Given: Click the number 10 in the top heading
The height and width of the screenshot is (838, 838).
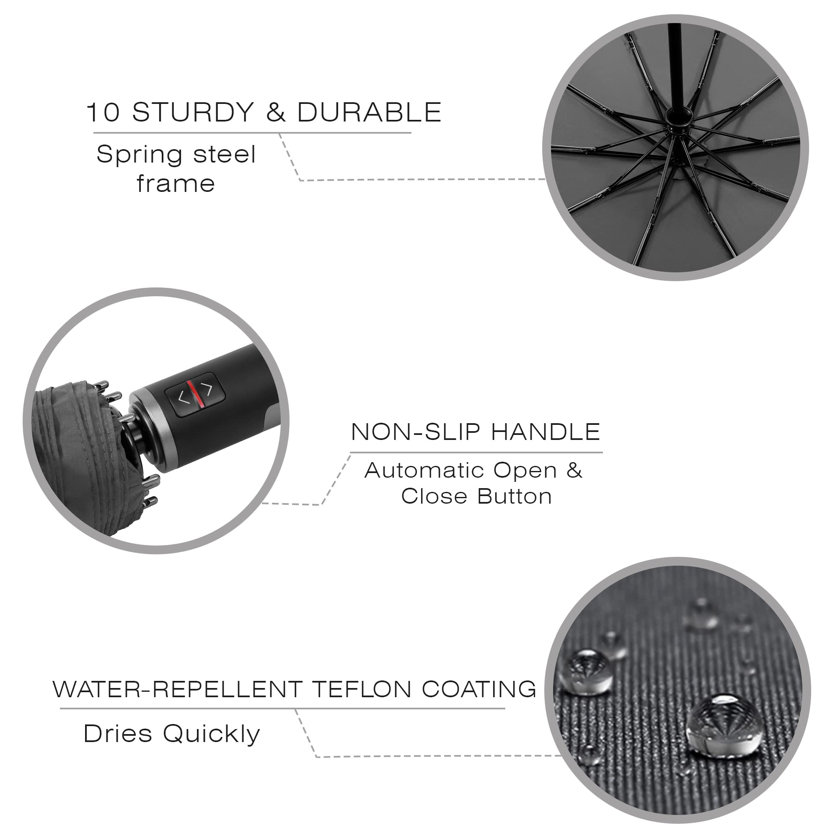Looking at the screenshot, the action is click(x=103, y=112).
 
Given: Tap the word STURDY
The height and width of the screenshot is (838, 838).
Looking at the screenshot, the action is click(x=193, y=112).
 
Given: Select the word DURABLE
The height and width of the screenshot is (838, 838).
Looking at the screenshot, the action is click(x=369, y=112).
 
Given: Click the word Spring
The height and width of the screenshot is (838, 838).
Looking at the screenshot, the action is click(x=140, y=155).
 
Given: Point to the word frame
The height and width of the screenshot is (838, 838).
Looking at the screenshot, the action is click(x=176, y=183).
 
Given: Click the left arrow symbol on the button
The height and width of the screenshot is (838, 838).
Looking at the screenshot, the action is click(x=184, y=397).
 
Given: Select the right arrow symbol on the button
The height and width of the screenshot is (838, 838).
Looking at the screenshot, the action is click(x=208, y=389).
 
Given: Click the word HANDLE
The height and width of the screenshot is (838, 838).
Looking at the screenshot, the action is click(x=546, y=432).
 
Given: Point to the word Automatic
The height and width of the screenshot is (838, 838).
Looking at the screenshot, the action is click(x=424, y=470).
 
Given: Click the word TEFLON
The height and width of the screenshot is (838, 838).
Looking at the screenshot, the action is click(x=362, y=690).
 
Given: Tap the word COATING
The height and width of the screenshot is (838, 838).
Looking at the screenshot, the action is click(x=479, y=690).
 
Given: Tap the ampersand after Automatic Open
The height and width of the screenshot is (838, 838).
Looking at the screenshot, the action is click(x=574, y=470).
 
